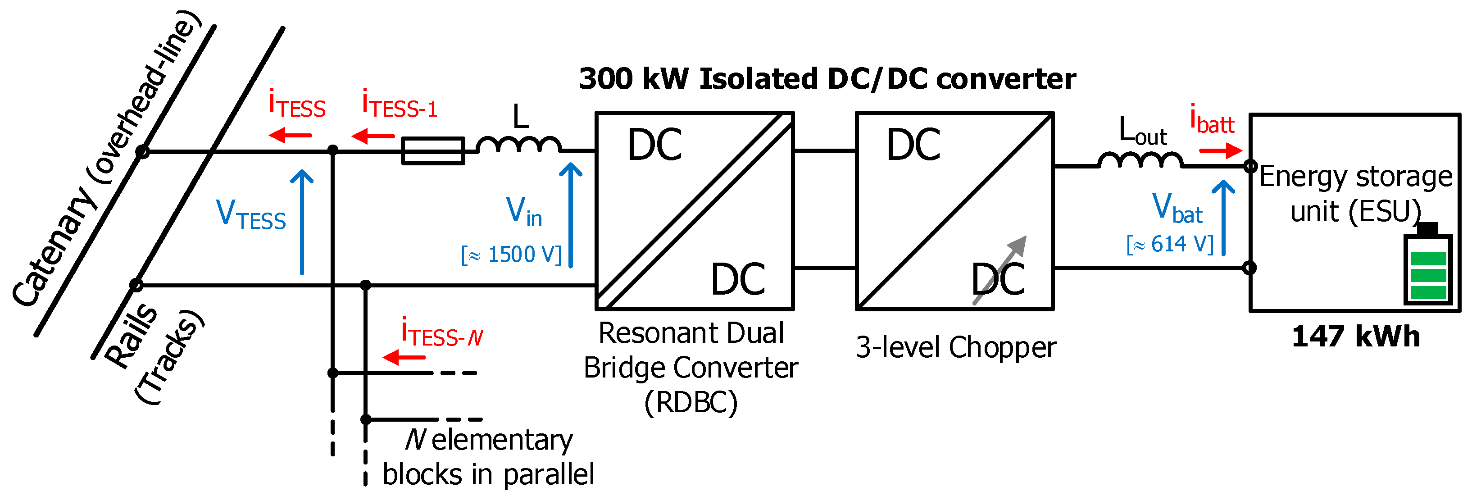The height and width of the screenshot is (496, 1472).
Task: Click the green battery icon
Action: (1428, 269)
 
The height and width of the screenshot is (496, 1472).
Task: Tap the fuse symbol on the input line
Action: (432, 151)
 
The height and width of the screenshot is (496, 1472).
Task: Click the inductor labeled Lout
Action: (1140, 160)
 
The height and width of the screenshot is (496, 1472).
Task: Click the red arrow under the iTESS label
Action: (290, 136)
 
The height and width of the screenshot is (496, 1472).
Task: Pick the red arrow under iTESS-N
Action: (404, 358)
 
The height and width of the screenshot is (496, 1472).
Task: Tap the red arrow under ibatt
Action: (1221, 151)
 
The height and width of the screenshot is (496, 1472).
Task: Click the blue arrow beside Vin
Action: (570, 215)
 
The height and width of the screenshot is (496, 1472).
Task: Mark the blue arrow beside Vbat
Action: (1223, 218)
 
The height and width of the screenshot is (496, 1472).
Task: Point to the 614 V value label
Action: (1170, 245)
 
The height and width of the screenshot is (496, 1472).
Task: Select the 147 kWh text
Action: (1355, 337)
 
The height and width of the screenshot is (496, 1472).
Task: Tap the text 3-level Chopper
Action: (955, 347)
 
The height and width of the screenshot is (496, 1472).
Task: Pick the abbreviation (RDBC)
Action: (691, 402)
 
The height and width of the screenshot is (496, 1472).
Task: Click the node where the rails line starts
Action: (136, 285)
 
